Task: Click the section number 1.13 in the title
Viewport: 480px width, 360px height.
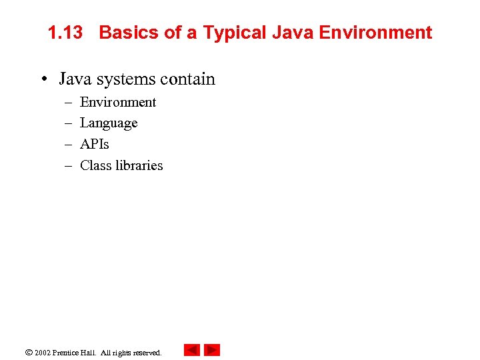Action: pyautogui.click(x=65, y=33)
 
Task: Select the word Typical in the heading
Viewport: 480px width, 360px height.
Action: pyautogui.click(x=234, y=33)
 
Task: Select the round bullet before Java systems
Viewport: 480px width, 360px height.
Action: pyautogui.click(x=43, y=79)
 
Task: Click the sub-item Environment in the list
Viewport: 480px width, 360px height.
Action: pyautogui.click(x=117, y=102)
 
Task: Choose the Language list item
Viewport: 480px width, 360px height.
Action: pyautogui.click(x=109, y=123)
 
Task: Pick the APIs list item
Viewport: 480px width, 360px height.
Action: pyautogui.click(x=94, y=144)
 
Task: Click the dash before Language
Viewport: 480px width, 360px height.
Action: pyautogui.click(x=68, y=123)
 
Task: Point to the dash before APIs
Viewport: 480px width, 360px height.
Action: pyautogui.click(x=68, y=144)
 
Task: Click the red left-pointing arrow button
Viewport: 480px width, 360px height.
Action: pyautogui.click(x=192, y=350)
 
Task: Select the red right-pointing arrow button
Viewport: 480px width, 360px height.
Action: pyautogui.click(x=212, y=350)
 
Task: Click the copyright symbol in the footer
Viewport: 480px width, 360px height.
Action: pyautogui.click(x=28, y=352)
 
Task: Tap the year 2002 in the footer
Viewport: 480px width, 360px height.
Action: pyautogui.click(x=43, y=353)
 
